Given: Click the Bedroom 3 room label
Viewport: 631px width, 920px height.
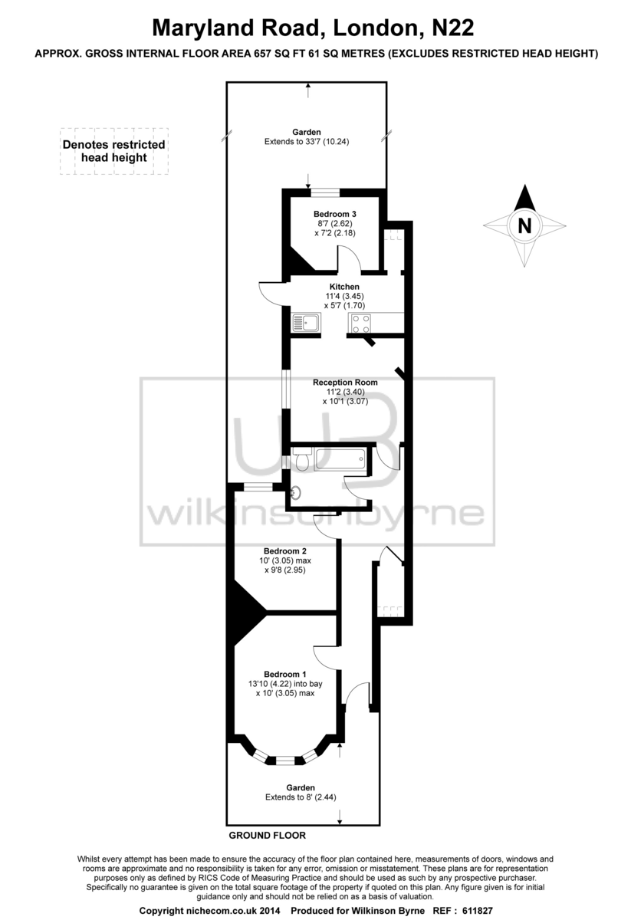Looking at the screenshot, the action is (x=335, y=214).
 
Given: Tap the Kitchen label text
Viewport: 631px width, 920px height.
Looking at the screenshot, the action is (x=344, y=287).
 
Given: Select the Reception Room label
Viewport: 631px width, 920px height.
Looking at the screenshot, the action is (x=345, y=383).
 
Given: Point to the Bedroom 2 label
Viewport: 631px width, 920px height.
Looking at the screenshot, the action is (x=285, y=551).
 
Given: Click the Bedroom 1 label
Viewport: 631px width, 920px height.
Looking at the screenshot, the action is (x=285, y=675).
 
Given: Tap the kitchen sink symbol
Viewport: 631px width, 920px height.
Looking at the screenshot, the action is (x=306, y=323).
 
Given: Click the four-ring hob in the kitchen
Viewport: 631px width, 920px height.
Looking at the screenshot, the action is (x=360, y=324).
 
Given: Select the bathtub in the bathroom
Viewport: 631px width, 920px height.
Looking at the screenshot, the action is (x=340, y=459).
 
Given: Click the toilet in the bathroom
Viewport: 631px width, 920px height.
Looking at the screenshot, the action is (x=301, y=459).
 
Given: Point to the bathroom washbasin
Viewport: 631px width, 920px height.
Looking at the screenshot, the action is (x=296, y=491).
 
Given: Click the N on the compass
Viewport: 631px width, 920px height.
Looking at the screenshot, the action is (x=524, y=226).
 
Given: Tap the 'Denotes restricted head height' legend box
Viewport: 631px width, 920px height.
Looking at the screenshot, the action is (x=114, y=151).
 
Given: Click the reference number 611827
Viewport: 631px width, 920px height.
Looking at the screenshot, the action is (x=478, y=911).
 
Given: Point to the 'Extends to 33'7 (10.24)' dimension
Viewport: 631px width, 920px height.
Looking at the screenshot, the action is (x=307, y=142).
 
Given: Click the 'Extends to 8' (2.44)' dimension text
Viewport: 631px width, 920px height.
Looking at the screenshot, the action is (x=301, y=797).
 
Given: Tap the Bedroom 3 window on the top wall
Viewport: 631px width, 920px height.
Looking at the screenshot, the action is (x=325, y=192).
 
